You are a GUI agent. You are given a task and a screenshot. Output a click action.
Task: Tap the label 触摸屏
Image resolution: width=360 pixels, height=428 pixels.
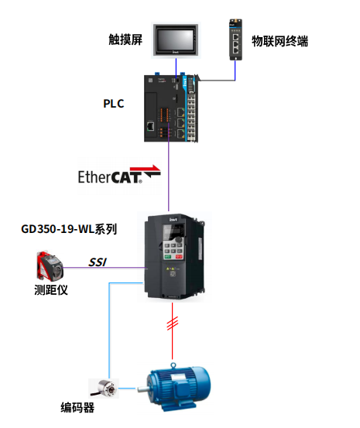coord(128,39)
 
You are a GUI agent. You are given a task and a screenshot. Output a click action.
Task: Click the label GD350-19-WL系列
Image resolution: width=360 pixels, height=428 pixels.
coord(70,228)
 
